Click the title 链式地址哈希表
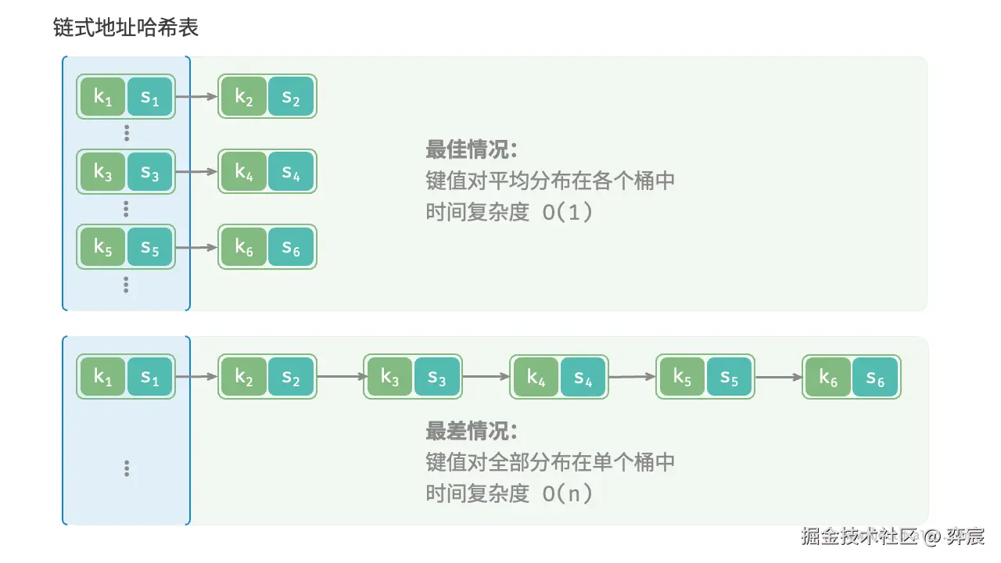[125, 28]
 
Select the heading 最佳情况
[472, 149]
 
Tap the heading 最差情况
[472, 431]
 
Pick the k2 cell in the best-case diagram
[243, 97]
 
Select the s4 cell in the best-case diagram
[291, 171]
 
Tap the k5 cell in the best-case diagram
[102, 247]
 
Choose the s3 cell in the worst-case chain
[437, 377]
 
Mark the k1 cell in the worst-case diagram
[102, 377]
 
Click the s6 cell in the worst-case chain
[876, 377]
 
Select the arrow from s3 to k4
[486, 377]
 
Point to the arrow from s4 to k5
[632, 377]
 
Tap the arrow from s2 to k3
[339, 377]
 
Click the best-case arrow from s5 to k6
[196, 247]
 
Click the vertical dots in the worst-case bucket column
[127, 468]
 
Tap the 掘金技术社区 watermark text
[859, 536]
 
